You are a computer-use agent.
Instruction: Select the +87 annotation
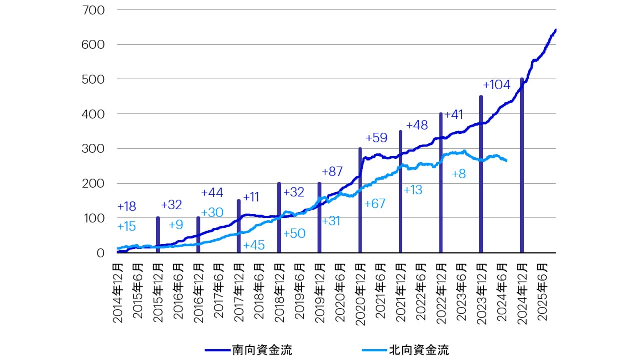(332, 172)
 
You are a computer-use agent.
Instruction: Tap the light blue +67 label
(375, 204)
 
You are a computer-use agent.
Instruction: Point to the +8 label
(459, 174)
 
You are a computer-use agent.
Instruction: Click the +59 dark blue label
(377, 138)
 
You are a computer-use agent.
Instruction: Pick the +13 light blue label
(413, 190)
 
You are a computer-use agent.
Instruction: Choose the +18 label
(127, 206)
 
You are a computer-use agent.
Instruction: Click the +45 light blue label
(254, 245)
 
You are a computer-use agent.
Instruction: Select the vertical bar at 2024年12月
(522, 165)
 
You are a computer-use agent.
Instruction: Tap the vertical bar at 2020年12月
(360, 200)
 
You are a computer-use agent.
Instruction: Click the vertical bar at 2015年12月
(158, 235)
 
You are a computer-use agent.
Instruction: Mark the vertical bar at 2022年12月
(441, 183)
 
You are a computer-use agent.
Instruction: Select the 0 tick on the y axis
(100, 253)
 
